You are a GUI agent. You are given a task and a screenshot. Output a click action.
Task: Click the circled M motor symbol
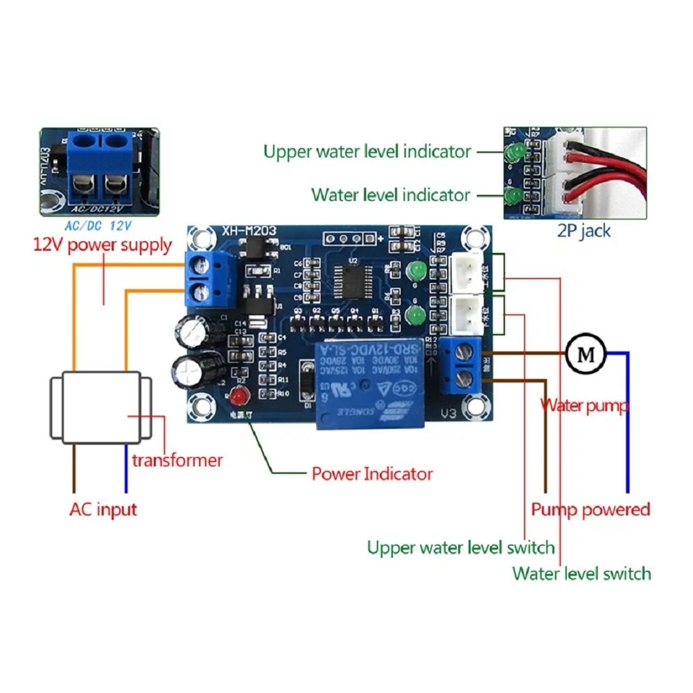[x=586, y=354]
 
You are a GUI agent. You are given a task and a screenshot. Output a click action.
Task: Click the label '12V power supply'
[x=103, y=245]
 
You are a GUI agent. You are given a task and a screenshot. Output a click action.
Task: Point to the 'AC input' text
[x=103, y=509]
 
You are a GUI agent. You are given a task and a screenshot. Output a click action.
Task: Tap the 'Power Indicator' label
[x=371, y=474]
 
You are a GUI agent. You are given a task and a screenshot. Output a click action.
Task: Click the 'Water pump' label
[x=584, y=405]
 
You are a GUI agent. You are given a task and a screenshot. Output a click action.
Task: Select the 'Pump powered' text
[x=590, y=509]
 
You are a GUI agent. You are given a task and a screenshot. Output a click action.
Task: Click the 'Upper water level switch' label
[x=461, y=547]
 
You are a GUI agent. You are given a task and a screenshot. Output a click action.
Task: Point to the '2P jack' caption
[x=584, y=231]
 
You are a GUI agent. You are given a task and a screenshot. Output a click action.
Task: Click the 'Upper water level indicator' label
[x=367, y=151]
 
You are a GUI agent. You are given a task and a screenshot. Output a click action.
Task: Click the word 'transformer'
[x=177, y=459]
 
